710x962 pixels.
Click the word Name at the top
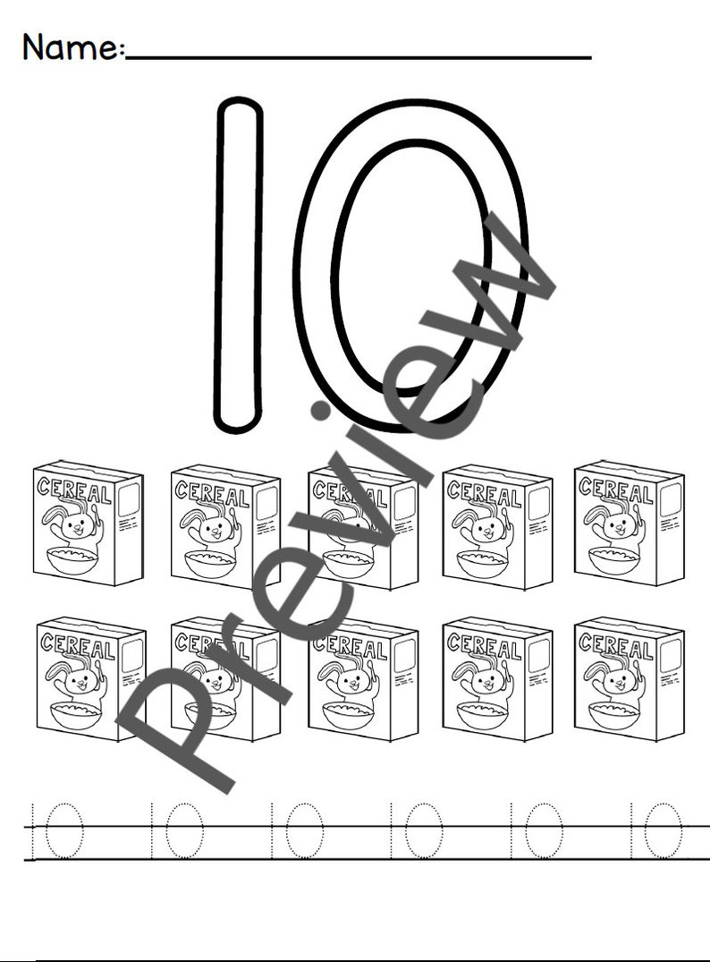[x=70, y=46]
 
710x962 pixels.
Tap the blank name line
[x=358, y=56]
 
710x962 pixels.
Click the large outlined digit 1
[x=238, y=265]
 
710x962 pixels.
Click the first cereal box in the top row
[x=88, y=523]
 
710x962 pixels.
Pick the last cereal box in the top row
[x=629, y=523]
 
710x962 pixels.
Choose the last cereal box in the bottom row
[x=629, y=678]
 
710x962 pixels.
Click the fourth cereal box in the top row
[x=497, y=526]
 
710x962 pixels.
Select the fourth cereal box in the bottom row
[x=497, y=678]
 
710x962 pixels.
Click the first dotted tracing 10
[x=56, y=830]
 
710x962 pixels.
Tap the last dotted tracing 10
[x=657, y=830]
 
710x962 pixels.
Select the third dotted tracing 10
[x=295, y=830]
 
